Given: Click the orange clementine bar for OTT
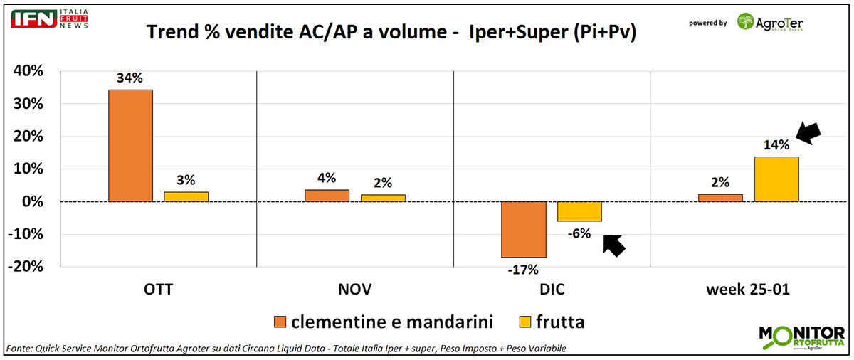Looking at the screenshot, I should tap(130, 146).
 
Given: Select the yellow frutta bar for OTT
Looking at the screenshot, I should tap(186, 197).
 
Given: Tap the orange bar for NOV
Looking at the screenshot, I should tap(327, 196).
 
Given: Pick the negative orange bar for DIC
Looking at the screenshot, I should tap(524, 229).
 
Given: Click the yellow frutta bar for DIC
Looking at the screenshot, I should tap(579, 211).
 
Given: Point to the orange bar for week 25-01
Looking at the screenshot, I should tap(721, 198).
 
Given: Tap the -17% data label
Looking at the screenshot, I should tap(523, 270).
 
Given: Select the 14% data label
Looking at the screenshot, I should tap(776, 145).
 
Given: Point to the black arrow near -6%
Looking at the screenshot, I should tap(613, 244).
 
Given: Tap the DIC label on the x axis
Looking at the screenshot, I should tap(552, 290).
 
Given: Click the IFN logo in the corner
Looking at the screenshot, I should tap(33, 18).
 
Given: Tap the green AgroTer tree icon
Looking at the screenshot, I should tap(747, 22).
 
